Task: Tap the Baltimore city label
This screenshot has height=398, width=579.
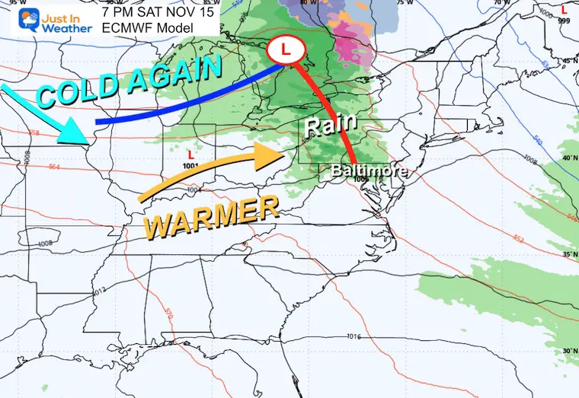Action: (x=369, y=171)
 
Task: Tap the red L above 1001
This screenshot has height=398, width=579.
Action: (x=191, y=154)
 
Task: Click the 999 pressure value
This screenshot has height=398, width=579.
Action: (x=563, y=21)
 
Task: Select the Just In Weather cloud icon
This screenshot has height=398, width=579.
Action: (x=17, y=21)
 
